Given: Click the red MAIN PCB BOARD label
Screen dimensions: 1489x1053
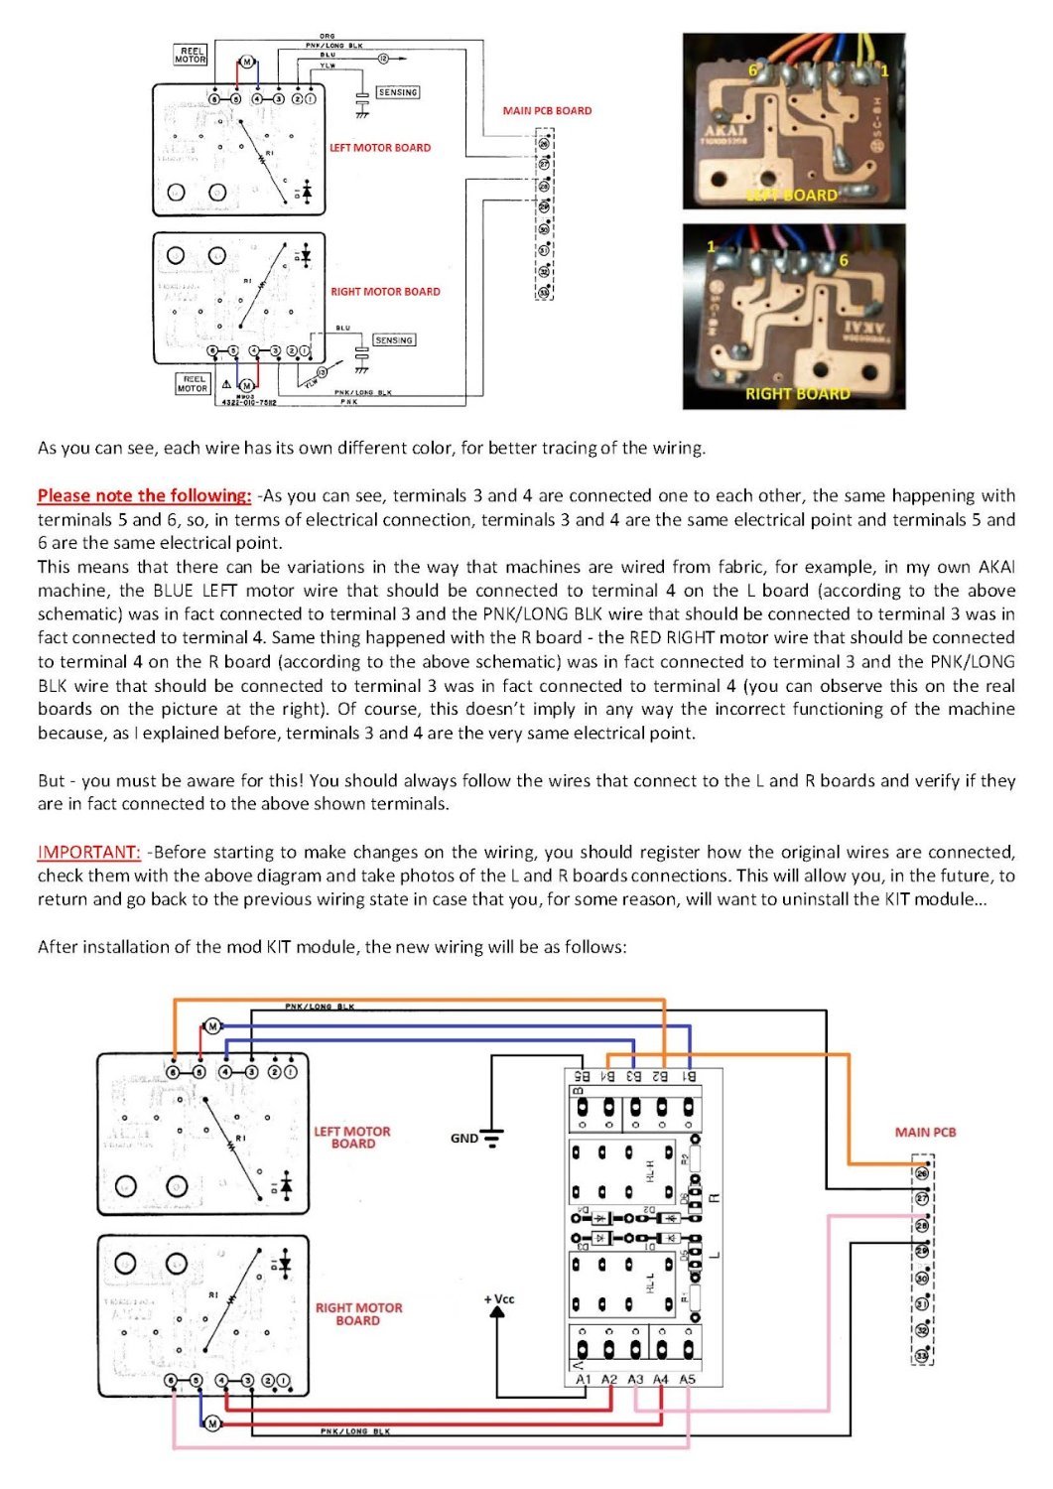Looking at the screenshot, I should click(547, 111).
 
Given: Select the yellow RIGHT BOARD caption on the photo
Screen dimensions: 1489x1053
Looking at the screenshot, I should click(798, 393).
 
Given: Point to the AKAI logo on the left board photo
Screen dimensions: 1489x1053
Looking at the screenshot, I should click(724, 131).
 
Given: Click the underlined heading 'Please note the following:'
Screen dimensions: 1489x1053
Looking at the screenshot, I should click(145, 495).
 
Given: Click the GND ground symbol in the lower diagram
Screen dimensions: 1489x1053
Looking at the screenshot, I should click(490, 1137).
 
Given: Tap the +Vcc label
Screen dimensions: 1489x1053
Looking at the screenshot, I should click(499, 1299).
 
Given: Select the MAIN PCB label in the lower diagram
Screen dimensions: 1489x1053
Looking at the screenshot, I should click(925, 1132).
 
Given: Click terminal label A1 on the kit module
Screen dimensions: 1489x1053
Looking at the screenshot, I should click(584, 1379).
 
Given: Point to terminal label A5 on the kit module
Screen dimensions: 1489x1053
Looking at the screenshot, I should click(688, 1379).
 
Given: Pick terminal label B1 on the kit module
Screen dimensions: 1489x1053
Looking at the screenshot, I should click(689, 1075).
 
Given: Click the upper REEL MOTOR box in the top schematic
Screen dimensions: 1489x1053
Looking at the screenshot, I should click(191, 55).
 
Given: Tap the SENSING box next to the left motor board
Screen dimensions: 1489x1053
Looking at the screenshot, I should click(397, 92).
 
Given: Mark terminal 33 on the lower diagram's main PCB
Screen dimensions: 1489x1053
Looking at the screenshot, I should click(922, 1356).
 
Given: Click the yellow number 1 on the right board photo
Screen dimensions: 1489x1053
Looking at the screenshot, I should click(711, 245).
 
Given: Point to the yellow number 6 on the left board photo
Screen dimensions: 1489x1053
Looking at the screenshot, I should click(752, 70).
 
